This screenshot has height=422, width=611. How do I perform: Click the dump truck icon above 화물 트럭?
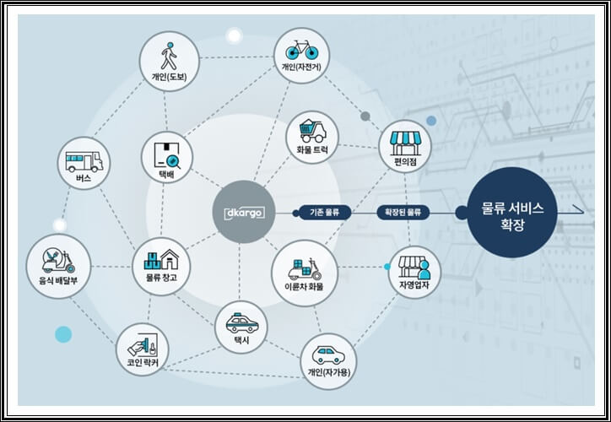(x=311, y=130)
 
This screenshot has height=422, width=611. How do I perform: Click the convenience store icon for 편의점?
(x=405, y=139)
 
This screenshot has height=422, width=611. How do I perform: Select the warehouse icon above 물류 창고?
(x=160, y=256)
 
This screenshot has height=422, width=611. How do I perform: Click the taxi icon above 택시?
(x=241, y=322)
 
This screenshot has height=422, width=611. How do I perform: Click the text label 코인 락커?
(x=142, y=364)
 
